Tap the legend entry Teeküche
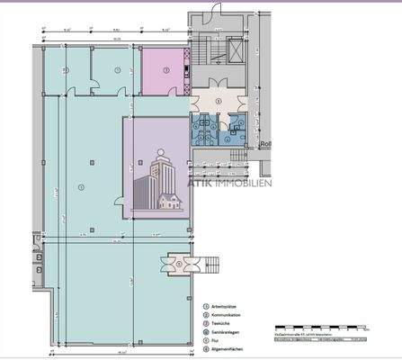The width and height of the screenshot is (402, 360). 224,323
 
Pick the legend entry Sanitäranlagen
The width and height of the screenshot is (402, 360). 228,332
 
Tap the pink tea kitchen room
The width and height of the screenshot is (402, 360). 163,69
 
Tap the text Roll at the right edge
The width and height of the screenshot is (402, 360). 264,143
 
